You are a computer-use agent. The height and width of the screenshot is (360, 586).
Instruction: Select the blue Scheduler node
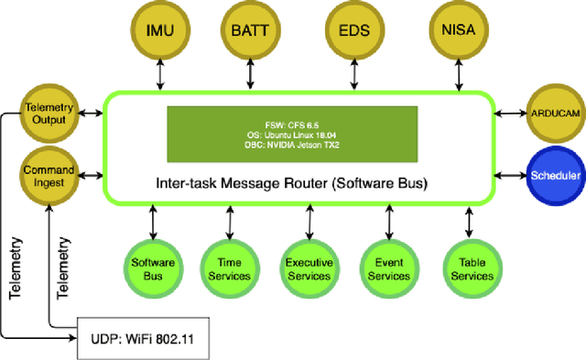(x=555, y=172)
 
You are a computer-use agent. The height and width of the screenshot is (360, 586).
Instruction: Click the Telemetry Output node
(x=48, y=114)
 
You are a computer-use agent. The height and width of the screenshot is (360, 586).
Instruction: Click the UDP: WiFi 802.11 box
(x=142, y=340)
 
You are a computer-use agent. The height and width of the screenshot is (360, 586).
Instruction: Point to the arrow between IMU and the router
(x=161, y=77)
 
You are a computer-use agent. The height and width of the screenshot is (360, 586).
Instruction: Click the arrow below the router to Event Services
(x=388, y=220)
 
